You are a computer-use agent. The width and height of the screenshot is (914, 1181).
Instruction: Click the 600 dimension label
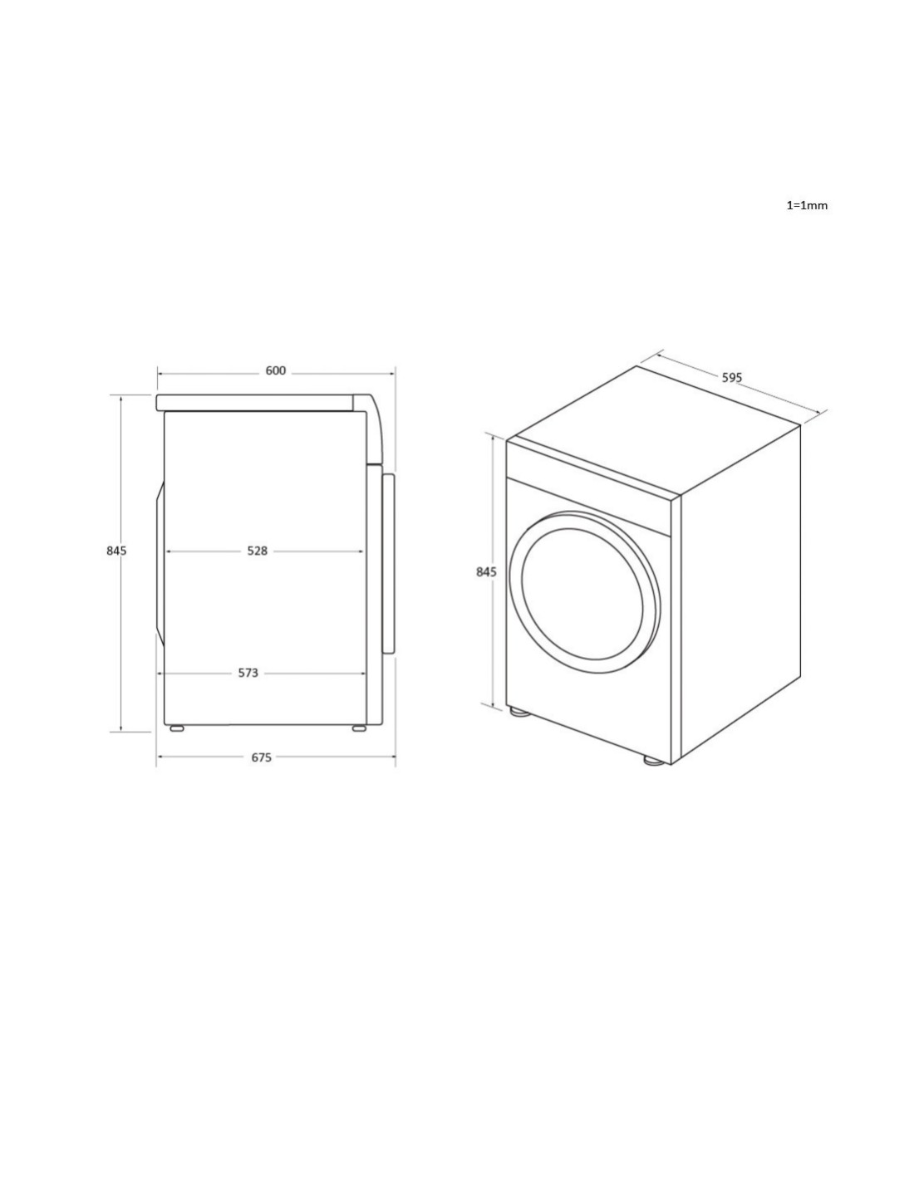click(x=275, y=370)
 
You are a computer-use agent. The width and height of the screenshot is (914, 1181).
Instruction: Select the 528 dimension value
click(x=258, y=551)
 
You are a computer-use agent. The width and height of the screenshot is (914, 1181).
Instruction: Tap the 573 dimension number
click(x=248, y=673)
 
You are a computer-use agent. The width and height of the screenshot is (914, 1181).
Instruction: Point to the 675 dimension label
click(x=261, y=757)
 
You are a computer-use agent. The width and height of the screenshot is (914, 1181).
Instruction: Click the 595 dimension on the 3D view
click(x=732, y=377)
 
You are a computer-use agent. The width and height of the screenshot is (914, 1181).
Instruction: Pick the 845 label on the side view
click(x=116, y=551)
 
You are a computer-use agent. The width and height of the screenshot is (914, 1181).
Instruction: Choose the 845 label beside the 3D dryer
click(x=486, y=571)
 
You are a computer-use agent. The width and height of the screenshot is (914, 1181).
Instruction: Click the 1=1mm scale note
click(x=807, y=205)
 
